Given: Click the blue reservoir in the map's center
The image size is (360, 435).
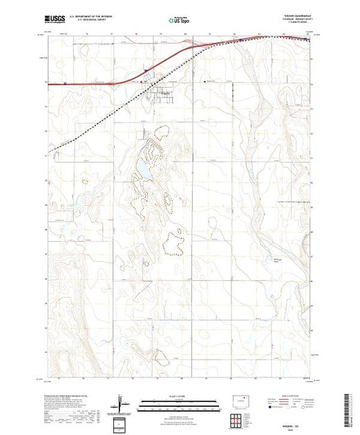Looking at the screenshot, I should [x=142, y=168].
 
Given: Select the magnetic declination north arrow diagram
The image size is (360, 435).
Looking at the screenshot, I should [x=122, y=402].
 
